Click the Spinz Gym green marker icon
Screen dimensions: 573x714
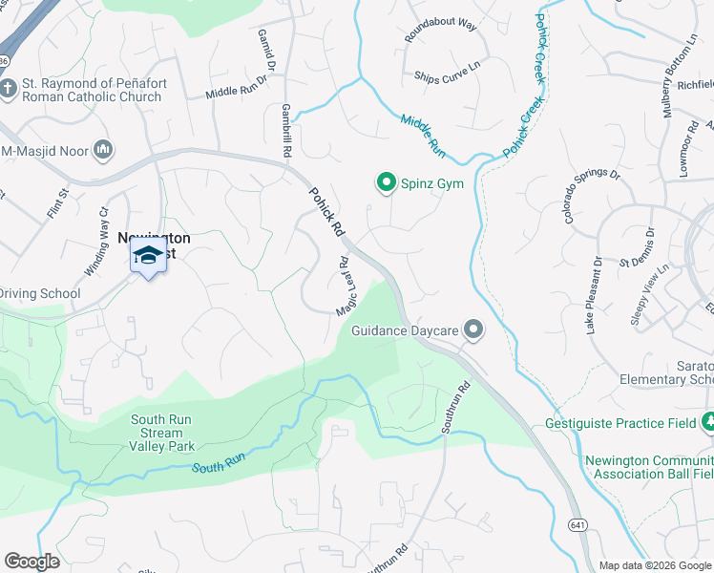[387, 181]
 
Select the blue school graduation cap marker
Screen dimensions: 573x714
[148, 256]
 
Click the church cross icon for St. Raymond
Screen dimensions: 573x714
[9, 90]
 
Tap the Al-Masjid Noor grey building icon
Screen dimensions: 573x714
[104, 150]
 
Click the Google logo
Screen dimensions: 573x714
[31, 562]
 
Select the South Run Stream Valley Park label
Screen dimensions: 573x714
[162, 433]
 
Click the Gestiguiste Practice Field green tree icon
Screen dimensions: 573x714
[707, 421]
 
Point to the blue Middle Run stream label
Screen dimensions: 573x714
[423, 135]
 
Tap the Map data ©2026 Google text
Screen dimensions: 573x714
[655, 565]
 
